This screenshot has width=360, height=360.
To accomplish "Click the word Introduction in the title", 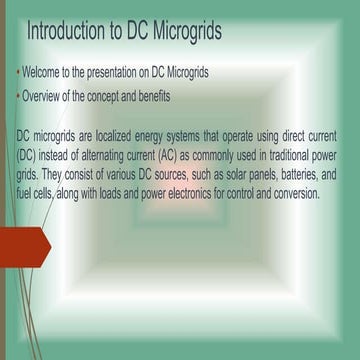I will [x=65, y=31].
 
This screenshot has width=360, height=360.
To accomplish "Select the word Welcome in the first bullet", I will [x=47, y=75].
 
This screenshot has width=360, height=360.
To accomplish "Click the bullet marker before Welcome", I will [x=19, y=76].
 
